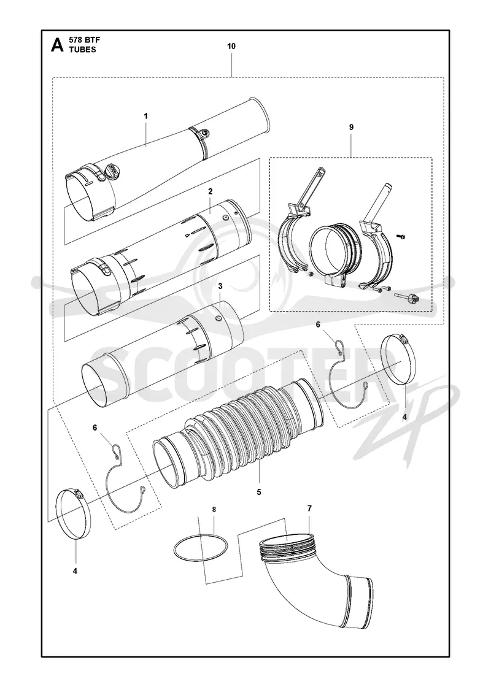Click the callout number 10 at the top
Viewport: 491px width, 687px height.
231,46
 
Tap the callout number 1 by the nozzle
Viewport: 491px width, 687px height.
146,116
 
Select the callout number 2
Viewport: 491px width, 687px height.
211,191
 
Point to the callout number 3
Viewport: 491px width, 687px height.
220,286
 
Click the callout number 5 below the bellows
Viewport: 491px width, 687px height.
259,492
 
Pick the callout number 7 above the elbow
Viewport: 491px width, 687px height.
309,509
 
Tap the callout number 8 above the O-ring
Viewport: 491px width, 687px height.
214,510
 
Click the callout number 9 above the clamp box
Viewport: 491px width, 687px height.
351,127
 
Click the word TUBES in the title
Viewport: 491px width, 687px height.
82,50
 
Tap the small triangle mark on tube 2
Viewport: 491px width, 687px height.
187,236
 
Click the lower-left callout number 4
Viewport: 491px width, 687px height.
75,571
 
